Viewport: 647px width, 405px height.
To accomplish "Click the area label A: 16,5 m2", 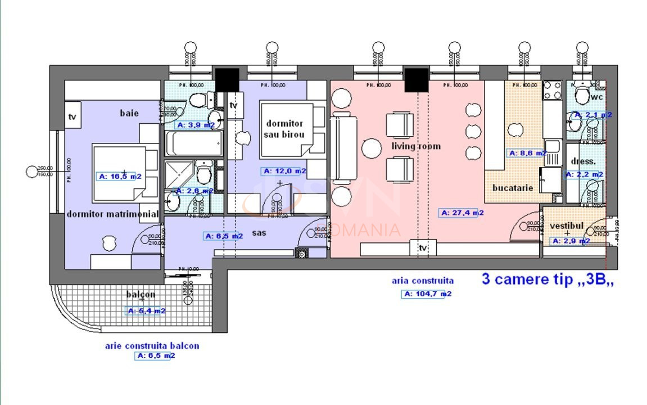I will click(x=119, y=176).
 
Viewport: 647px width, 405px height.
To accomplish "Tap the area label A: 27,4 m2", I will click(x=461, y=213).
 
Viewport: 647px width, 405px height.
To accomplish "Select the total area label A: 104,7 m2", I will click(x=426, y=294).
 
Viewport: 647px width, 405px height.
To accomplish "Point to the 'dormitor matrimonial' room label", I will click(x=112, y=214).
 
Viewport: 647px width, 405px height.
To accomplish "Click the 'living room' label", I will click(x=416, y=146).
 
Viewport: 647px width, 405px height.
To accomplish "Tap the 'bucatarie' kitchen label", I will click(x=512, y=188).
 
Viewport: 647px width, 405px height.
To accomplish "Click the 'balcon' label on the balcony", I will click(x=141, y=294).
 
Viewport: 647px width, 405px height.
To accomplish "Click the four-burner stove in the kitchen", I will click(x=551, y=91).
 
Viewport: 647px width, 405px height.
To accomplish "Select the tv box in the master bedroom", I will click(x=73, y=116).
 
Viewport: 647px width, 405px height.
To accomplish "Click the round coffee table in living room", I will click(x=372, y=149).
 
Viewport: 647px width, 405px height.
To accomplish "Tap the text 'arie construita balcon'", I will click(x=152, y=346).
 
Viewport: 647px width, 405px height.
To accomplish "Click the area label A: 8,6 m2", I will click(x=527, y=153).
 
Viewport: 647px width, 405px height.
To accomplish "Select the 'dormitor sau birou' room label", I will click(x=284, y=129).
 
